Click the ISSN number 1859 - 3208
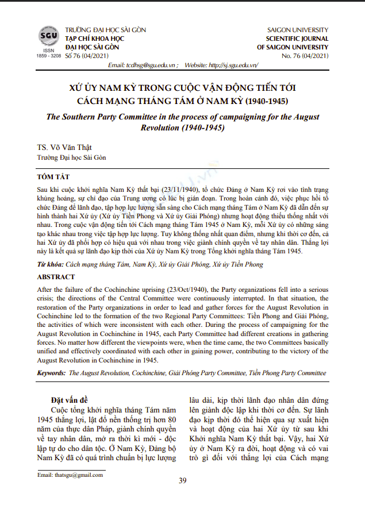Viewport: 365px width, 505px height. [48, 56]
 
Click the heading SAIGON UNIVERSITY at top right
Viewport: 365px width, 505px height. [298, 29]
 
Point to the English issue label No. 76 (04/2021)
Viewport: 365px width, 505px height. [305, 56]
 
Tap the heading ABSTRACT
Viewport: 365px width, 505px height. [56, 277]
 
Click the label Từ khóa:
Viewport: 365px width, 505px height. [50, 264]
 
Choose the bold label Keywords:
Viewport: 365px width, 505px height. [51, 373]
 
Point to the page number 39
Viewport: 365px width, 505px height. [183, 481]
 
